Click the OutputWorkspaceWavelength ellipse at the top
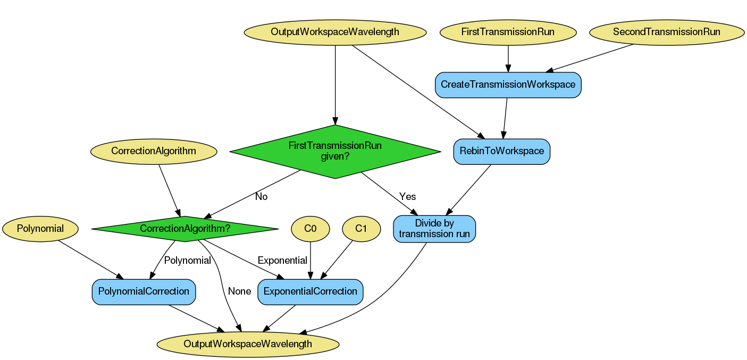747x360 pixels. coord(335,32)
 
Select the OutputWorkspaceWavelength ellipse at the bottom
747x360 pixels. coord(248,344)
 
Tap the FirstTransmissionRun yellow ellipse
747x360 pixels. coord(508,32)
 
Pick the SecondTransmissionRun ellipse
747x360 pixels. coord(666,32)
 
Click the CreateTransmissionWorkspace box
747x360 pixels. coord(508,85)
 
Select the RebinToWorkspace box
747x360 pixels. coord(501,151)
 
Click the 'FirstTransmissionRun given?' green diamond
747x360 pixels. coord(335,152)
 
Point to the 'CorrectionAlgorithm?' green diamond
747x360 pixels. coord(184,229)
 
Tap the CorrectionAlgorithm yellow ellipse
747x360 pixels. coord(154,151)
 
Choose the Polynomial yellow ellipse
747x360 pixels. coord(40,229)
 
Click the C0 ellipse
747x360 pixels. coord(310,229)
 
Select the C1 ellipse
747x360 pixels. coord(361,229)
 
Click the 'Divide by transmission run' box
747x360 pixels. coord(434,229)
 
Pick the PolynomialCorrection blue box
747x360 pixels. coord(144,291)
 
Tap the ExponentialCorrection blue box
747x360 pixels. coord(310,291)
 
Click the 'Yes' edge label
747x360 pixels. coord(407,197)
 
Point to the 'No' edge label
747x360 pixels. coord(261,197)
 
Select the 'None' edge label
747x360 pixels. coord(239,291)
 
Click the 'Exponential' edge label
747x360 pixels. coord(282,261)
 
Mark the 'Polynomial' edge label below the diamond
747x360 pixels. coord(188,261)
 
